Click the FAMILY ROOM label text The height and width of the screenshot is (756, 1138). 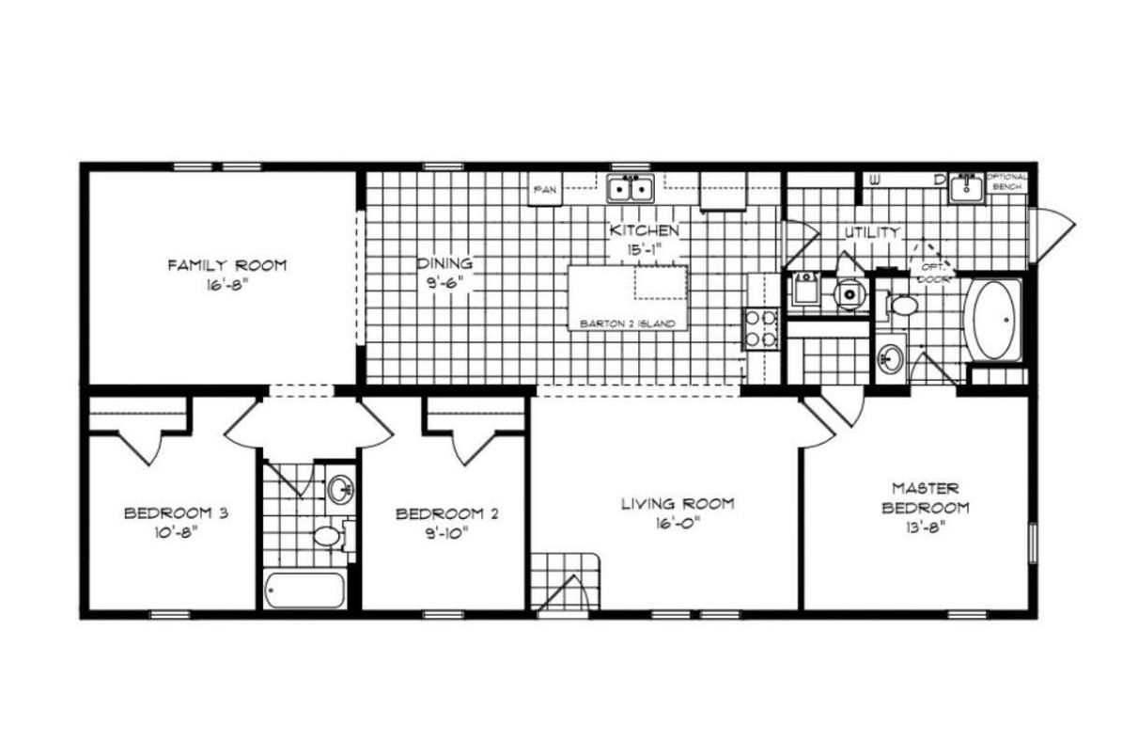click(226, 265)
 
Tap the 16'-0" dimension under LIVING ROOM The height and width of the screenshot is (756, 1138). click(663, 527)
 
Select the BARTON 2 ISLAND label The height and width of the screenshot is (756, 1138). click(627, 323)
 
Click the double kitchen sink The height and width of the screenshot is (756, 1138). click(631, 190)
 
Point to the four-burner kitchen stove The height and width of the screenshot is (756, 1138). click(760, 328)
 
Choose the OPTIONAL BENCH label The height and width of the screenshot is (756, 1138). click(1006, 181)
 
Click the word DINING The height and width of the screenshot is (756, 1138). click(445, 264)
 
